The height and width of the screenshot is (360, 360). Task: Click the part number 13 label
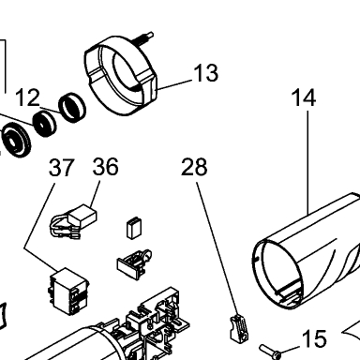205,73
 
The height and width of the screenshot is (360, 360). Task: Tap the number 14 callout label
304,97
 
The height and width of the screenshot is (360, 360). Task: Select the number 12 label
27,97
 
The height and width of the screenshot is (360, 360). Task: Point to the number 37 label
62,167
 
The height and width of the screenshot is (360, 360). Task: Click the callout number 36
106,167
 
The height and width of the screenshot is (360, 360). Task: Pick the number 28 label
194,167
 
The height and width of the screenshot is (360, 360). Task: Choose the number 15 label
314,338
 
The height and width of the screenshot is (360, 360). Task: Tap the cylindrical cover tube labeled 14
307,253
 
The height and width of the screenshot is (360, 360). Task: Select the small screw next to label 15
270,352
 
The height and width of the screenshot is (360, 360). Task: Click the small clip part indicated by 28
239,328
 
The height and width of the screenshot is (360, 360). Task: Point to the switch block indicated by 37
68,291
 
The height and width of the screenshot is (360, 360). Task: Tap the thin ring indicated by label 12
72,107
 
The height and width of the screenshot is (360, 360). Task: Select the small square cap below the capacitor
134,228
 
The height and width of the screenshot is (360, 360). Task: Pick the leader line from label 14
308,162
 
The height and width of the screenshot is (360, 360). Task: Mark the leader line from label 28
217,248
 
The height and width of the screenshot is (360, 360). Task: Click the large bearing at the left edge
17,140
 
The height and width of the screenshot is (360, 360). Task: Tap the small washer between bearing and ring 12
45,124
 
